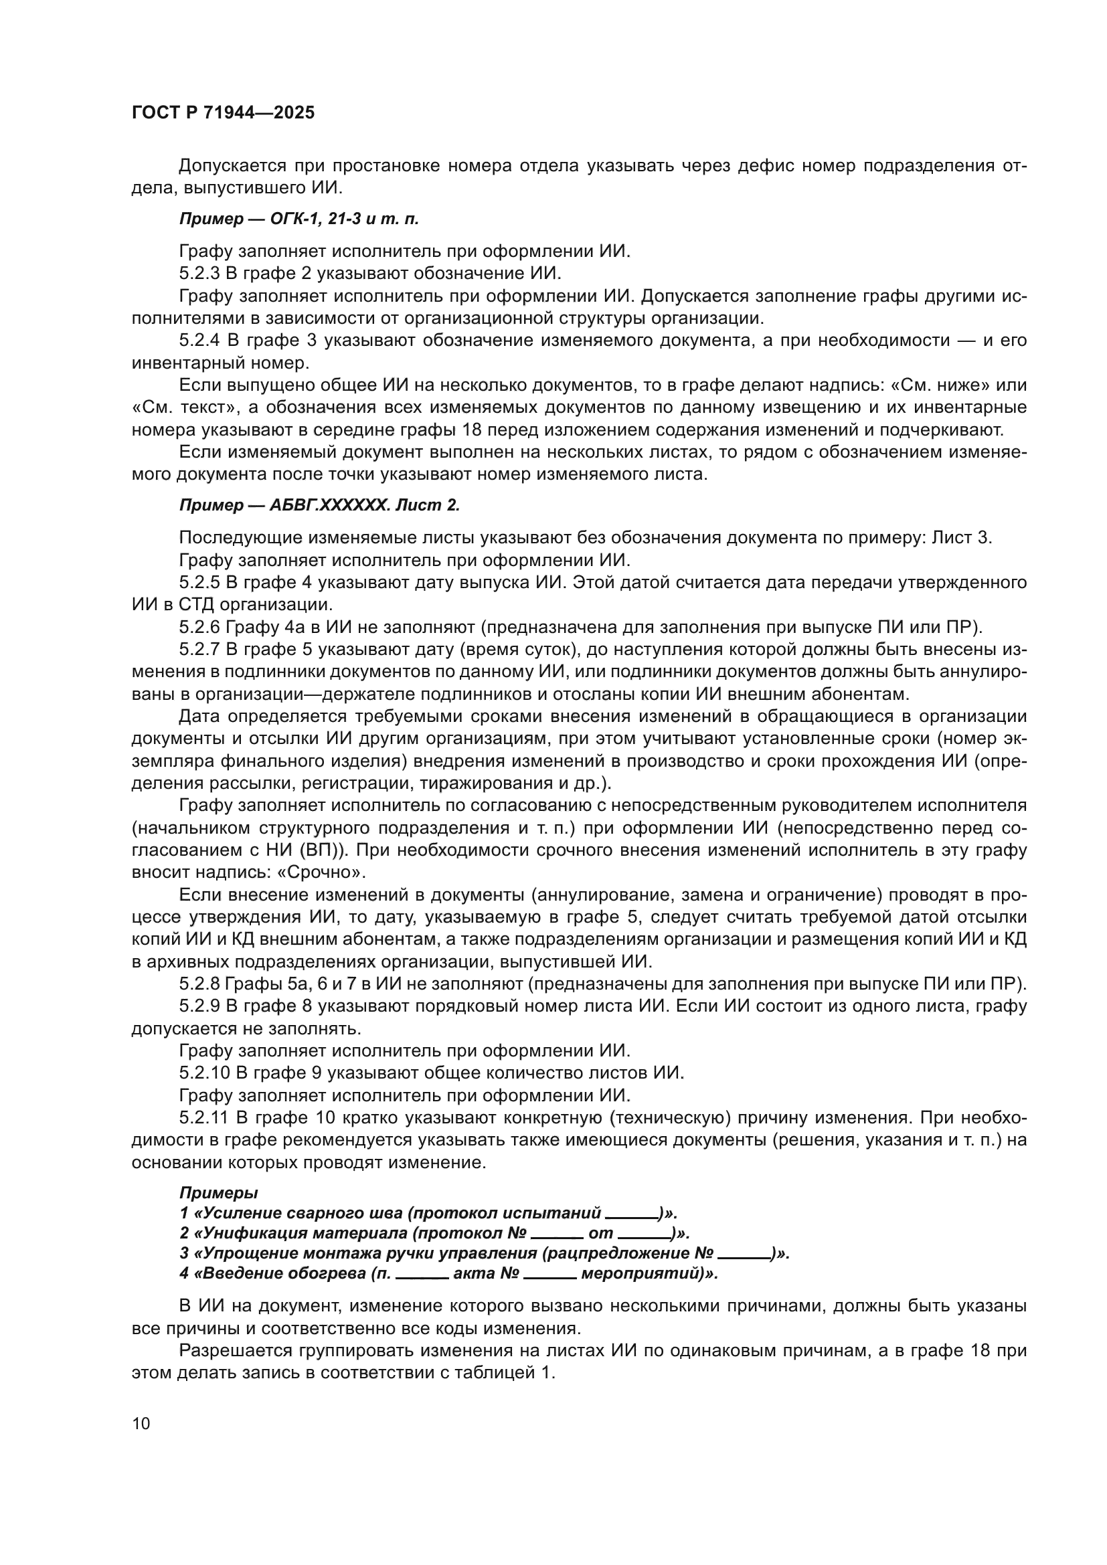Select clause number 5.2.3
tap(199, 274)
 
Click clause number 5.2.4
tap(199, 340)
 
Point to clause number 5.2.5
tap(199, 582)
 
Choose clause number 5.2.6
tap(199, 627)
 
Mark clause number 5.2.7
tap(199, 650)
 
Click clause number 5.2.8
tap(199, 984)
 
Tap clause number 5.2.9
tap(199, 1006)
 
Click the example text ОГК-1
tap(292, 219)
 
